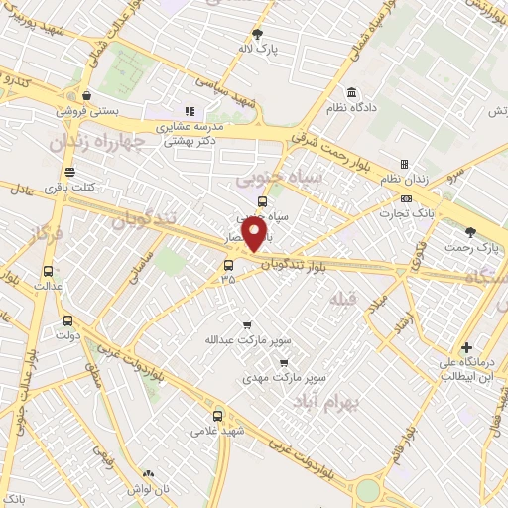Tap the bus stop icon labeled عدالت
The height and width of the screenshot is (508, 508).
[x=48, y=271]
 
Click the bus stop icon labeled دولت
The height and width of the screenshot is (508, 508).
[x=67, y=319]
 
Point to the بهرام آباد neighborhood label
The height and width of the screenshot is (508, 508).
[x=330, y=401]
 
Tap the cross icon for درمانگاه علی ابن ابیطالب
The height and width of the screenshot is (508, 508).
[x=465, y=346]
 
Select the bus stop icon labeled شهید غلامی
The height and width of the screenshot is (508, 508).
[x=217, y=416]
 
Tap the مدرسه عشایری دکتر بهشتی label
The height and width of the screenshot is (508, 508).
[x=190, y=134]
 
